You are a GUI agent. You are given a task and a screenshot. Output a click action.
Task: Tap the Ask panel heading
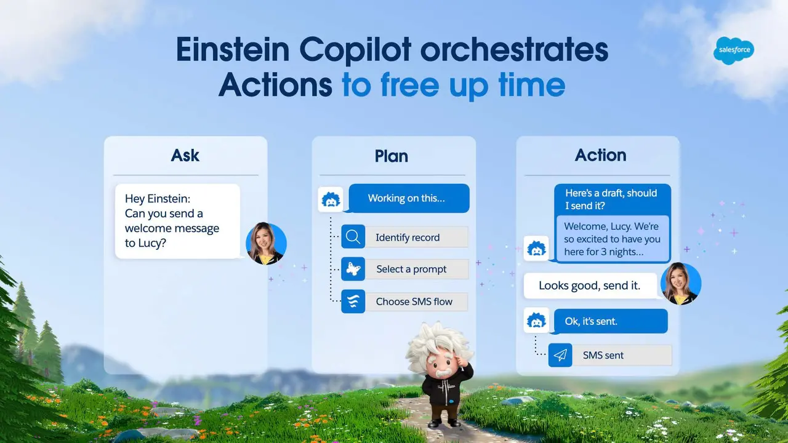point(185,155)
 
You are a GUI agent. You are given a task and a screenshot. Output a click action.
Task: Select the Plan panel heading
point(392,156)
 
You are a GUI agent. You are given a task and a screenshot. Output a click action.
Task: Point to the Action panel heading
point(600,155)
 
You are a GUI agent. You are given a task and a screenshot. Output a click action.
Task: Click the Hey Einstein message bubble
point(177,221)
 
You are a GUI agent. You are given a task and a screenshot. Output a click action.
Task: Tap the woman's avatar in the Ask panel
point(266,243)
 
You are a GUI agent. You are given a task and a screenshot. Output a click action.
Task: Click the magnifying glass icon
point(353,237)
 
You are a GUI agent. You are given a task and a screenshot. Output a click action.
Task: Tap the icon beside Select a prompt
point(353,269)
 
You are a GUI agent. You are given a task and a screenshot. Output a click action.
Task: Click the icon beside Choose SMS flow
point(353,301)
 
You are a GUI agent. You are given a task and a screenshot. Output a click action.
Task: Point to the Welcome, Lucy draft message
point(612,239)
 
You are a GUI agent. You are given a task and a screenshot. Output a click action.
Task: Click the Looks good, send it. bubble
point(590,285)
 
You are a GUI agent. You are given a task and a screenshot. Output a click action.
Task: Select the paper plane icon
point(560,355)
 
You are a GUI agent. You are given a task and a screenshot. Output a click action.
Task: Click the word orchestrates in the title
point(514,50)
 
